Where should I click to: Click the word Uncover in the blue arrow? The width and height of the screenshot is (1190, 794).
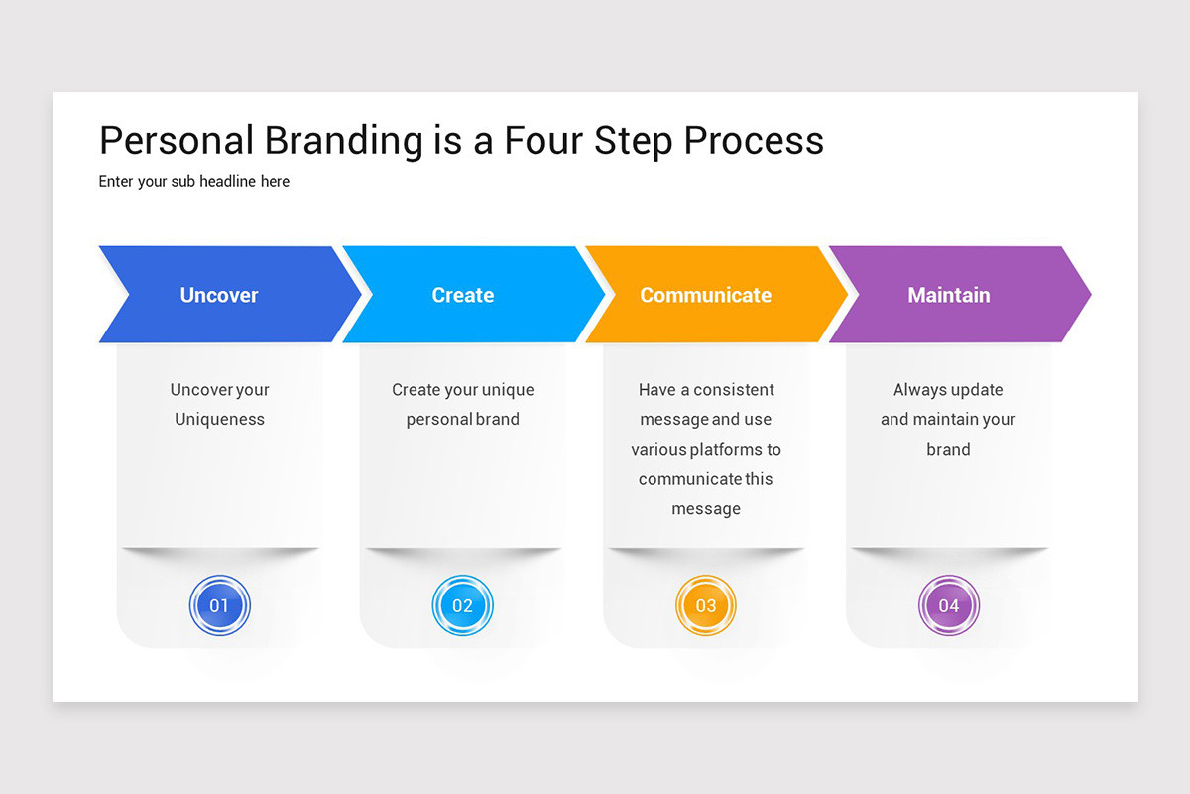pyautogui.click(x=219, y=295)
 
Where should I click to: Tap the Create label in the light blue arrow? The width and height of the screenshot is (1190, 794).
pyautogui.click(x=462, y=295)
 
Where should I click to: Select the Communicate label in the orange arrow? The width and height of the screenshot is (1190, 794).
pyautogui.click(x=705, y=295)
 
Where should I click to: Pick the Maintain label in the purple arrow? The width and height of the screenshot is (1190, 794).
pyautogui.click(x=948, y=295)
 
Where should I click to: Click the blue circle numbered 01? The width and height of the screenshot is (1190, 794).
pyautogui.click(x=219, y=605)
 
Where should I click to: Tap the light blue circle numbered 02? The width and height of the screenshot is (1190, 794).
pyautogui.click(x=462, y=605)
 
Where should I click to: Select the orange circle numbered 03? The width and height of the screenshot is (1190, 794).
pyautogui.click(x=705, y=605)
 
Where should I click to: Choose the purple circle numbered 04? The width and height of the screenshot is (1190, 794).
pyautogui.click(x=948, y=605)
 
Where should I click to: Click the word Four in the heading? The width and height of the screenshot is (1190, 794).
pyautogui.click(x=543, y=141)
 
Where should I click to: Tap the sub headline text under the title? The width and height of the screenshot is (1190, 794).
pyautogui.click(x=194, y=182)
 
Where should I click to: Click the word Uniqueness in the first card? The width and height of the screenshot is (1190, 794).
pyautogui.click(x=219, y=419)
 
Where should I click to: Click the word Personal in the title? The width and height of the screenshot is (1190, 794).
pyautogui.click(x=175, y=141)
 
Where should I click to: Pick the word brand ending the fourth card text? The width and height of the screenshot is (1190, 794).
pyautogui.click(x=948, y=450)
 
